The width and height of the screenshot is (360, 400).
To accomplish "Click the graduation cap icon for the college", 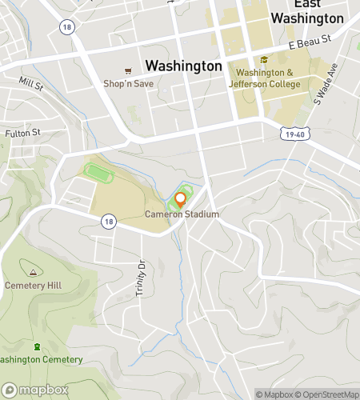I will pyautogui.click(x=264, y=60).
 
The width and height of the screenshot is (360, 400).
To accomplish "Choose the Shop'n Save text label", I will pyautogui.click(x=128, y=83).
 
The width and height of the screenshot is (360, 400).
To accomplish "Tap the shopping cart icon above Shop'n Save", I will pyautogui.click(x=128, y=70).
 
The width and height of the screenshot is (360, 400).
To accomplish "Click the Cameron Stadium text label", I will pyautogui.click(x=182, y=214).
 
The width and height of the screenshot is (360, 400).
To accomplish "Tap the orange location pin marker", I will pyautogui.click(x=180, y=199).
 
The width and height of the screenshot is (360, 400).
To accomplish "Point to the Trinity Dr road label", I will pyautogui.click(x=140, y=278).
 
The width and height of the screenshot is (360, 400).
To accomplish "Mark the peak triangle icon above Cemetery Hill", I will pyautogui.click(x=33, y=270).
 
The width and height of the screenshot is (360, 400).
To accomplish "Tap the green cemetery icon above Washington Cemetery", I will pyautogui.click(x=38, y=346).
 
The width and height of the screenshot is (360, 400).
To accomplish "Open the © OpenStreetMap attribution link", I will pyautogui.click(x=327, y=394).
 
